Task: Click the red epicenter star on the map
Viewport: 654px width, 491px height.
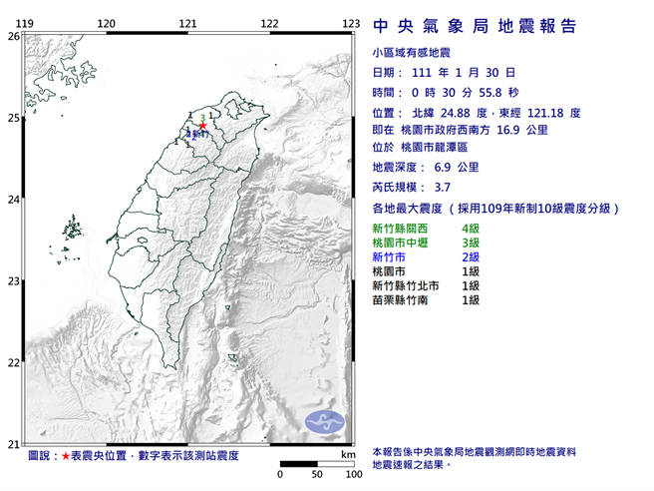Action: [x=202, y=126]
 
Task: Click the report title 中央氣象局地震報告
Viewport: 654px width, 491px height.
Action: [x=474, y=25]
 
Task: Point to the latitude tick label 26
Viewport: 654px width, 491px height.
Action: [x=13, y=36]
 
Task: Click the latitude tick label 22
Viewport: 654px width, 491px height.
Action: [x=13, y=363]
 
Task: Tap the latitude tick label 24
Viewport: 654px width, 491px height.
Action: [x=13, y=200]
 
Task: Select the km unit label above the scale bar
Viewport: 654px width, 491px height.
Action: [x=346, y=454]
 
